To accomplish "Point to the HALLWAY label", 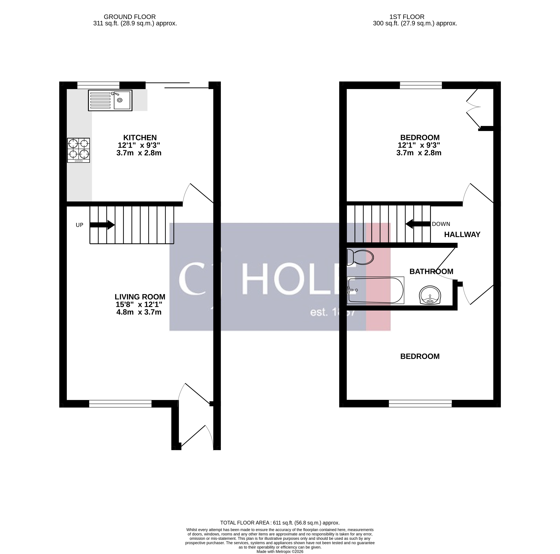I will pos(462,234).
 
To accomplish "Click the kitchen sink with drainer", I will pos(110,100).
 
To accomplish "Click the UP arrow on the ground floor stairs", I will pos(102,225).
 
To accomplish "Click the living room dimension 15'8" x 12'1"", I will pos(139,305).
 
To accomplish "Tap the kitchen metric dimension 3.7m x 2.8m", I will pos(139,153).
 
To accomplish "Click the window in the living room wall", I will pos(120,404).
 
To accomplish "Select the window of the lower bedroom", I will pos(420,404).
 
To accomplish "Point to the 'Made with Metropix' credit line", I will pos(280,551).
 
